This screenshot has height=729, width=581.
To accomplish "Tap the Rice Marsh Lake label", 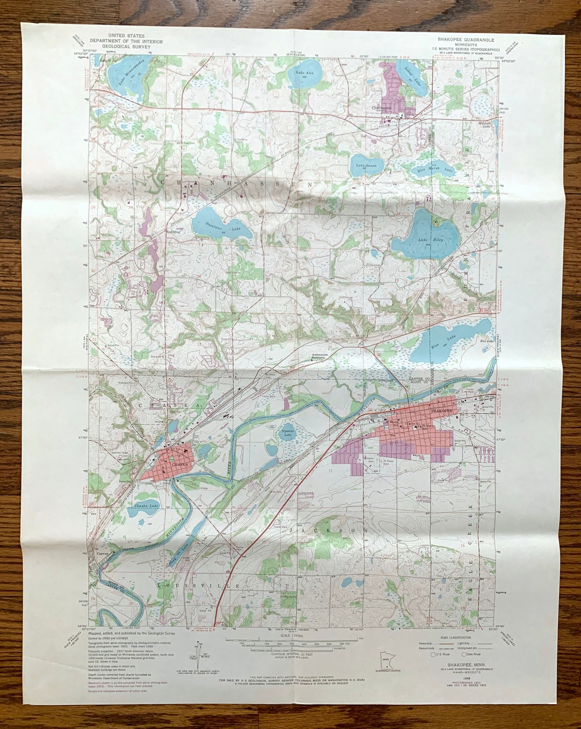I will click(x=436, y=170).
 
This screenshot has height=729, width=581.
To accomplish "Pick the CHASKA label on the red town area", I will click(x=180, y=463).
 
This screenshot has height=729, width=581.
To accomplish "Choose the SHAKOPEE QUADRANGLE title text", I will click(x=465, y=40).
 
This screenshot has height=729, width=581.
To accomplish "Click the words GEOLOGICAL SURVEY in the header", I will click(x=126, y=46).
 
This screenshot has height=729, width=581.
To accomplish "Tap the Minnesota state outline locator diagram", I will click(x=385, y=659).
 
